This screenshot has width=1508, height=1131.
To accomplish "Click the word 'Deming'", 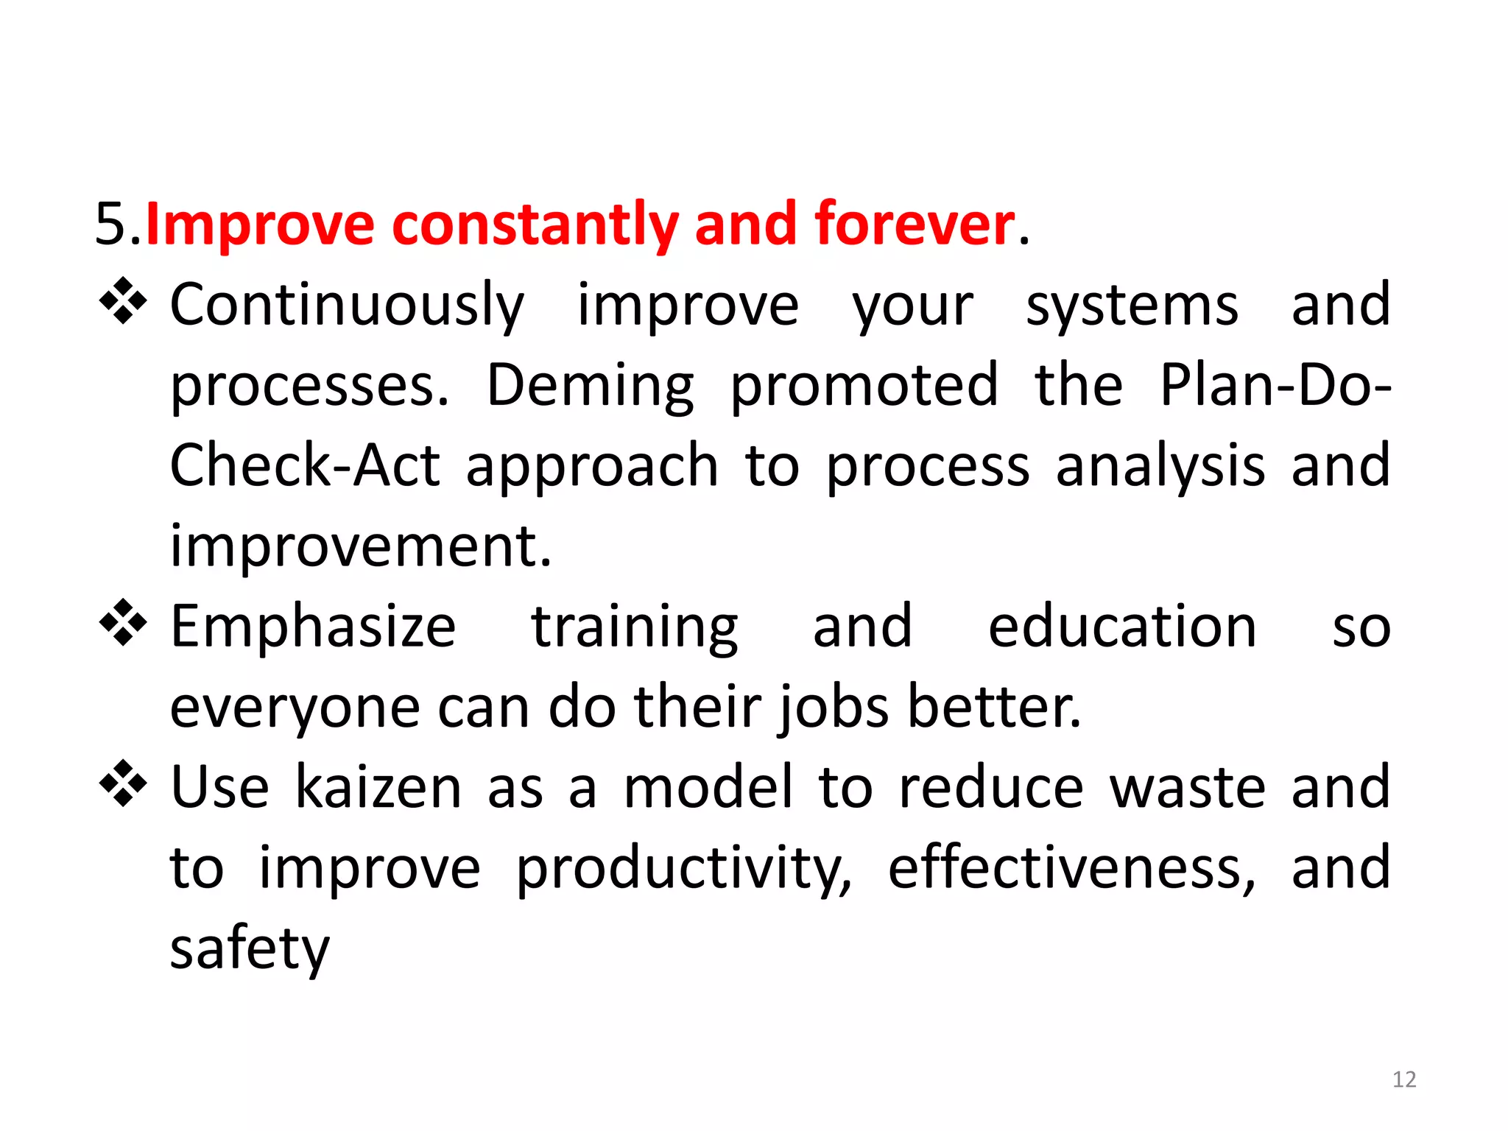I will click(x=590, y=387).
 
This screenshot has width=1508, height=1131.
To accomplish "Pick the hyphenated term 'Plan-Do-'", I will click(x=1275, y=385).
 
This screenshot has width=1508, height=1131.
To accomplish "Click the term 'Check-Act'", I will click(x=305, y=465).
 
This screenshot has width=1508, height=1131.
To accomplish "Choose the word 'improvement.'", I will click(x=361, y=546).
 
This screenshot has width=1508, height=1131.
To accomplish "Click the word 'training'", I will click(x=634, y=628).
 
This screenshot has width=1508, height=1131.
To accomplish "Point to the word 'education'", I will click(x=1121, y=627).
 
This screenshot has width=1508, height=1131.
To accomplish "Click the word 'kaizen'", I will click(x=378, y=787).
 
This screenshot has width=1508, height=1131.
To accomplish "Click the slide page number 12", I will click(x=1404, y=1079).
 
